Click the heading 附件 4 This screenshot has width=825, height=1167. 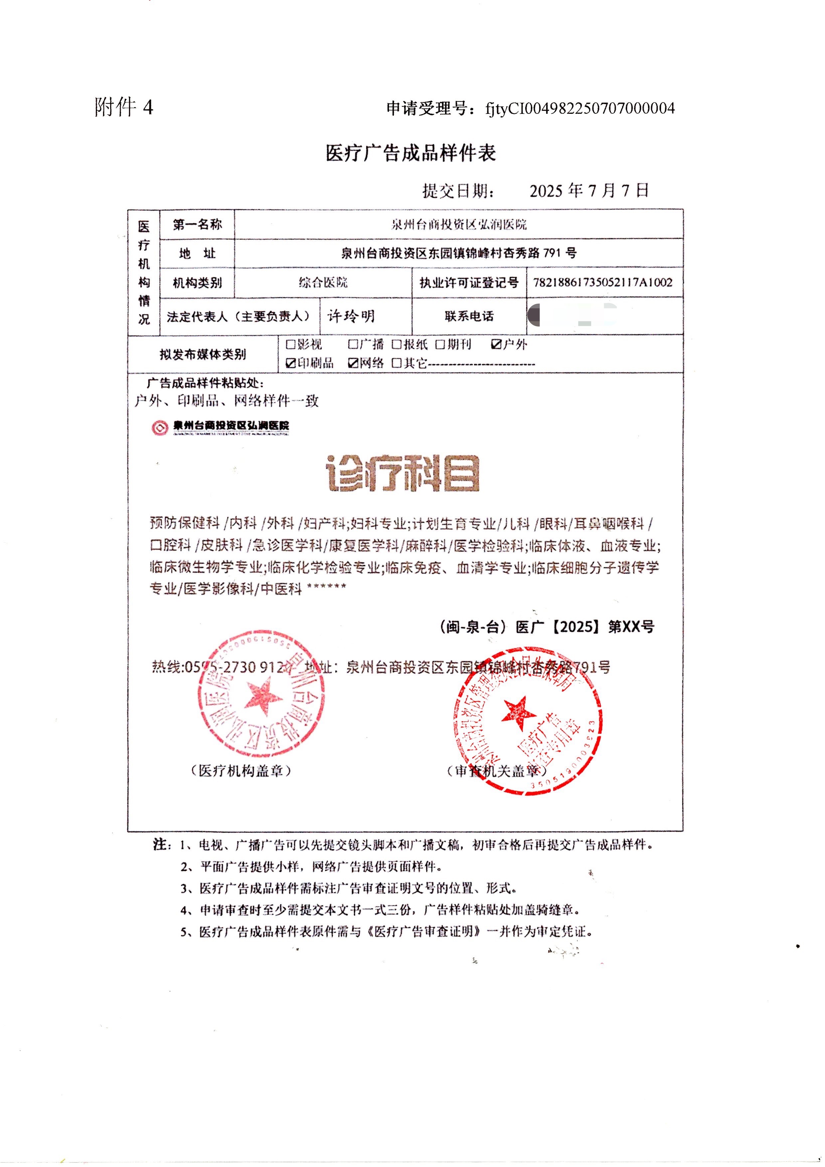(123, 107)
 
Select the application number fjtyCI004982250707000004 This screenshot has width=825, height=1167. (580, 108)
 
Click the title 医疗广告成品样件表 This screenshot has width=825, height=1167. (411, 152)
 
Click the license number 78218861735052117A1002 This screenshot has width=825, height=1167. (603, 283)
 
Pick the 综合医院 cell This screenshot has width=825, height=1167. (323, 283)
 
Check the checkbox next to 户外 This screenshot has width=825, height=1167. (496, 345)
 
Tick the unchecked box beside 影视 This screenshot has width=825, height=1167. (291, 345)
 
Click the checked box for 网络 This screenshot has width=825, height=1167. (353, 363)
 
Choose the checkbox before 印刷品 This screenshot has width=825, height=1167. (291, 363)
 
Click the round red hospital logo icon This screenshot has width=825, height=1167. (160, 427)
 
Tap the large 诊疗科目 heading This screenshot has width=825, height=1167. (403, 473)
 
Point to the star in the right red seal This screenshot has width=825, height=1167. (519, 713)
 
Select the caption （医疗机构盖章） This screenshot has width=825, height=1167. (241, 771)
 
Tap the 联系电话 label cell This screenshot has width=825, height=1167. (469, 316)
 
